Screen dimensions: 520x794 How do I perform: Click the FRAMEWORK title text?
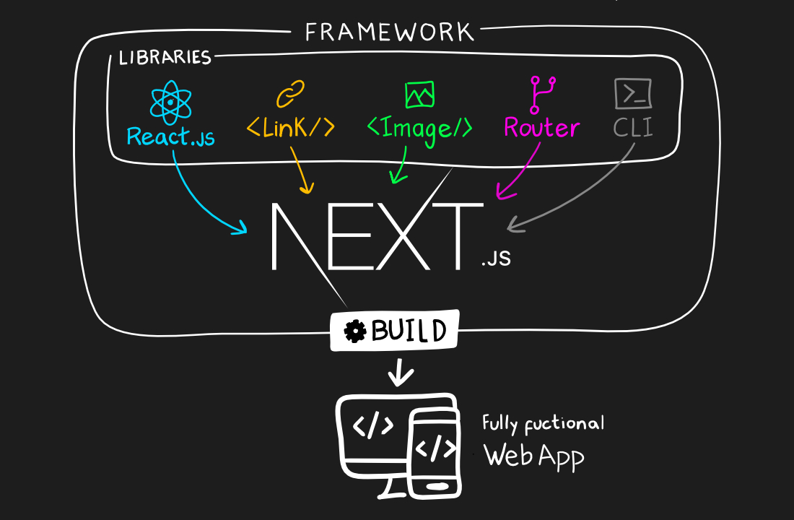click(x=389, y=32)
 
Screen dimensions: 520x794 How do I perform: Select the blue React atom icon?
click(x=170, y=102)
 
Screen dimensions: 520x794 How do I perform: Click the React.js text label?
click(x=170, y=136)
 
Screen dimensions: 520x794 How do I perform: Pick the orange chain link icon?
click(x=290, y=94)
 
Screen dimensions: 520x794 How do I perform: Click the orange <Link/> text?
click(x=290, y=127)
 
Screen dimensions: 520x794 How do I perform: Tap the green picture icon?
click(x=419, y=94)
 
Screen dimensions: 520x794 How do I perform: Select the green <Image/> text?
click(x=419, y=128)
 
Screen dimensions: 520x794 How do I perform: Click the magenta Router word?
click(x=541, y=128)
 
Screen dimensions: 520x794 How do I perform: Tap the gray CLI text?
click(x=633, y=128)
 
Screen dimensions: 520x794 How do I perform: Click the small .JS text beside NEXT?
click(x=496, y=258)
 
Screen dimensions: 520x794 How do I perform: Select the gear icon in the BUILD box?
click(x=355, y=331)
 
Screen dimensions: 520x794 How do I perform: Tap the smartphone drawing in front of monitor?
click(x=435, y=453)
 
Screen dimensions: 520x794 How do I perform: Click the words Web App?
click(x=533, y=455)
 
